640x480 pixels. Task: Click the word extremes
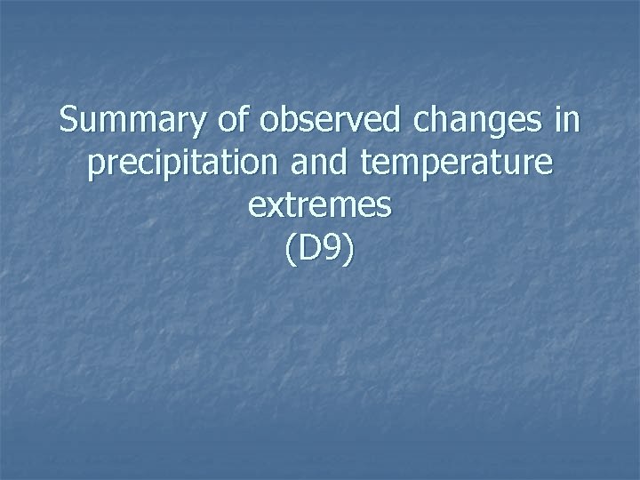[320, 205]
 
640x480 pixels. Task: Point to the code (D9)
[320, 248]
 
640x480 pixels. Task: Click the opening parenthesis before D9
[292, 248]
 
